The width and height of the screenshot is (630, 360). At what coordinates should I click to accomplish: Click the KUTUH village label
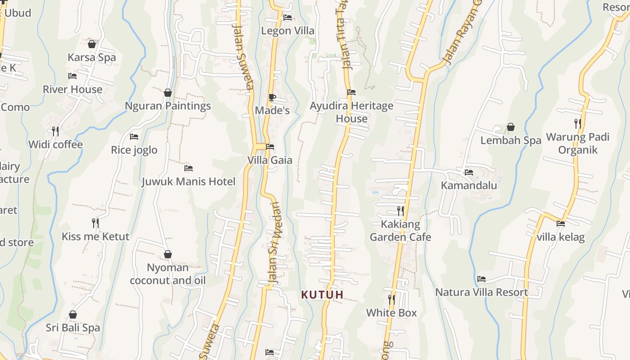[x=322, y=295]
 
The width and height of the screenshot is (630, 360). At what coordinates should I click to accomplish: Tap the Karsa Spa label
[x=92, y=58]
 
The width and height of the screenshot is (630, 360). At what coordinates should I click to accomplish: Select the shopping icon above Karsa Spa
[x=92, y=44]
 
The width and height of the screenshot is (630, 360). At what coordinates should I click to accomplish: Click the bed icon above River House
[x=72, y=76]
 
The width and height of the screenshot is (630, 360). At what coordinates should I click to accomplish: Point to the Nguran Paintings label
[x=168, y=106]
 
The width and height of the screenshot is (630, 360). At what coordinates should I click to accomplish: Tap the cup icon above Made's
[x=272, y=97]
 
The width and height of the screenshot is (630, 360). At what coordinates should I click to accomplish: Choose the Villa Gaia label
[x=270, y=160]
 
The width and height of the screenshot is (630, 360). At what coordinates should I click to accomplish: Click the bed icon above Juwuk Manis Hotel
[x=189, y=168]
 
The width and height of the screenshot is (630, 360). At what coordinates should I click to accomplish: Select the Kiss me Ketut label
[x=95, y=237]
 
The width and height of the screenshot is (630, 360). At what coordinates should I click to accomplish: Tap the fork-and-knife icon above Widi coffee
[x=55, y=131]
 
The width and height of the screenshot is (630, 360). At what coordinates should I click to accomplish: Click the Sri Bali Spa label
[x=73, y=328]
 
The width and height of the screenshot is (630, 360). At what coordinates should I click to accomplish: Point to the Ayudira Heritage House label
[x=351, y=112]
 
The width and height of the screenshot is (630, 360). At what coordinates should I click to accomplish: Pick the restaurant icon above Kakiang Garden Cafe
[x=400, y=211]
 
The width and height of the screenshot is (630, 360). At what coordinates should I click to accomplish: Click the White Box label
[x=391, y=313]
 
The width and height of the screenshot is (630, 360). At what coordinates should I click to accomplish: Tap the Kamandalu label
[x=469, y=185]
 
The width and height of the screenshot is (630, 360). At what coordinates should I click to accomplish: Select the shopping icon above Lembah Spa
[x=511, y=127]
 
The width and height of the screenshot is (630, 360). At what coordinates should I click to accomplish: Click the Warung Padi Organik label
[x=577, y=143]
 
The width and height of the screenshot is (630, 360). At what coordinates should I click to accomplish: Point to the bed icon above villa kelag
[x=561, y=223]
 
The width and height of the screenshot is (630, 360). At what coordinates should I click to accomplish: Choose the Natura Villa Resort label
[x=481, y=292]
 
